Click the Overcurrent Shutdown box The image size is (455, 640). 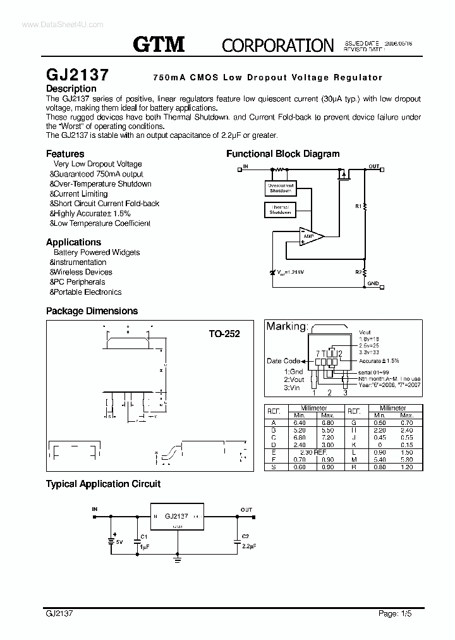[281, 188]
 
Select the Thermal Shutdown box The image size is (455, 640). [280, 210]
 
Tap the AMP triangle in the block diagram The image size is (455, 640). [310, 237]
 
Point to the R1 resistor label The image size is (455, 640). [358, 206]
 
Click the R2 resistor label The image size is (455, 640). [358, 272]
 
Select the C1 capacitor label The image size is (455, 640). [144, 536]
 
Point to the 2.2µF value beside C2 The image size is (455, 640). [249, 545]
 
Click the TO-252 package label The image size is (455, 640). [224, 333]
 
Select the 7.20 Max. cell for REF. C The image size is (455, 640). [327, 438]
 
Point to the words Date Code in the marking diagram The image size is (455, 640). [284, 361]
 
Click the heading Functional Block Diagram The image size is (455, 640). [282, 154]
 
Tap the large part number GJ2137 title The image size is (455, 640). [77, 74]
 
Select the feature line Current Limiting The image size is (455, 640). [80, 194]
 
